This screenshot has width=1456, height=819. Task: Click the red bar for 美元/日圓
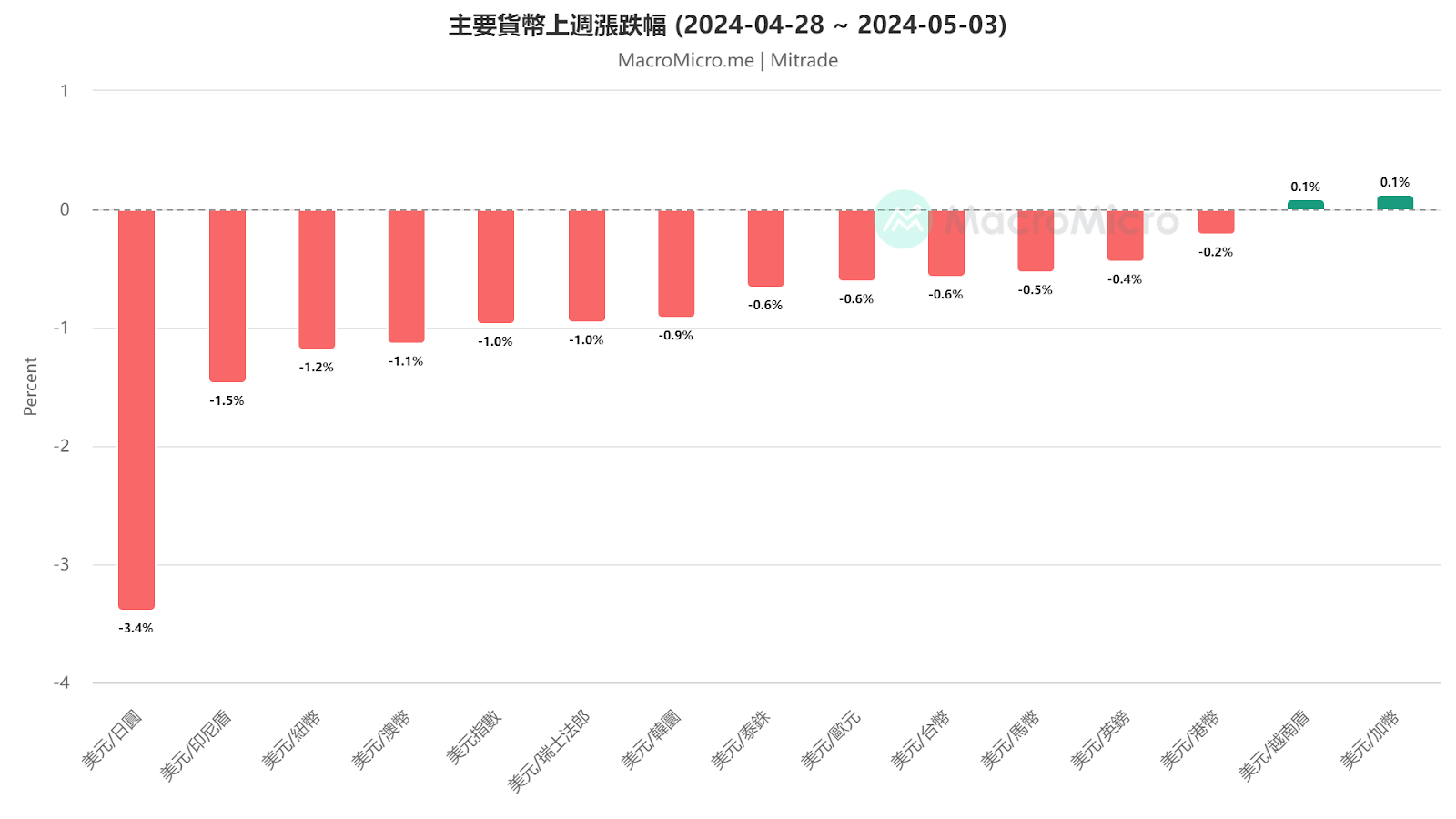pos(136,409)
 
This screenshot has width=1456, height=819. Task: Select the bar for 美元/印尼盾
pos(227,296)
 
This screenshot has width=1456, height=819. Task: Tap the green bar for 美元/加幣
pos(1394,203)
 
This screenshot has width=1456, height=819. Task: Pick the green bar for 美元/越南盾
pos(1305,205)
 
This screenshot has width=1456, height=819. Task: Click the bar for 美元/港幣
pos(1216,221)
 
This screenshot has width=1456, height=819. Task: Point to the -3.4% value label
pos(136,628)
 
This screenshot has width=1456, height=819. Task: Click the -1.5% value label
pos(227,400)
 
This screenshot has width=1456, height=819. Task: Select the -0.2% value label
pos(1216,252)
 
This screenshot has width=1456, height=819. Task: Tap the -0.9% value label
pos(676,336)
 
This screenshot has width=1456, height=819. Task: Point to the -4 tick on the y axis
pos(61,682)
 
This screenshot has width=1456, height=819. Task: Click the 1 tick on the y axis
pos(65,91)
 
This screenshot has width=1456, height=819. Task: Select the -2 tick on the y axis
pos(61,446)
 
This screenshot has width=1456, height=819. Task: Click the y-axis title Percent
pos(31,386)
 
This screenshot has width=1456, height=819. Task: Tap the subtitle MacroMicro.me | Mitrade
pos(727,60)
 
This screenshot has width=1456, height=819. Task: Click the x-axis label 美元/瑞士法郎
pos(550,751)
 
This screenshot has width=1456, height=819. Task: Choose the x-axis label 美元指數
pos(474,737)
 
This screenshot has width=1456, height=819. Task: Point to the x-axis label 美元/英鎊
pos(1100,739)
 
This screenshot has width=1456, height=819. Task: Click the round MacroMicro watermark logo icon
pos(903,219)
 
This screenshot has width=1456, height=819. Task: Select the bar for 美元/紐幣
pos(317,278)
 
